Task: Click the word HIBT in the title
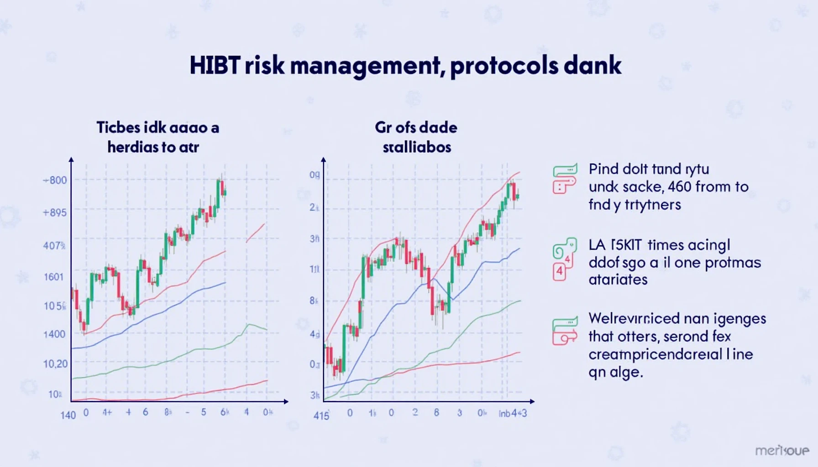tap(214, 66)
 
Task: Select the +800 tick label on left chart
tap(55, 180)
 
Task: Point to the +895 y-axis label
tap(55, 213)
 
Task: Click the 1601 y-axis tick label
tap(53, 277)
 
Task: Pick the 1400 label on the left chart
tap(54, 334)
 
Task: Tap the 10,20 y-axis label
tap(55, 364)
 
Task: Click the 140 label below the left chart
tap(68, 415)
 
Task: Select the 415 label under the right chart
tap(321, 415)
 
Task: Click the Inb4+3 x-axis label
tap(513, 413)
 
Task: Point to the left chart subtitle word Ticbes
tap(118, 128)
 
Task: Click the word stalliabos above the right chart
tap(417, 147)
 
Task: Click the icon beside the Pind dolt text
tap(565, 178)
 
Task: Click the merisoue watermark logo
tap(782, 451)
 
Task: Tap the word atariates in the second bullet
tap(618, 280)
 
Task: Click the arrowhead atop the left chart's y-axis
tap(71, 160)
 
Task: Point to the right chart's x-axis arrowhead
tap(532, 401)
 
